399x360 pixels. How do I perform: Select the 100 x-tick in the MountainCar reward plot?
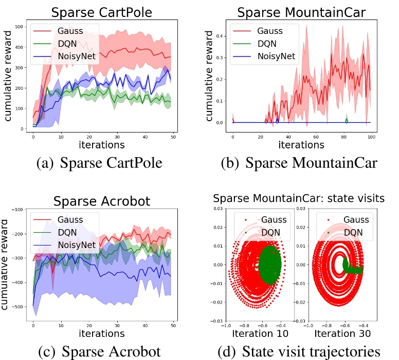tap(371, 137)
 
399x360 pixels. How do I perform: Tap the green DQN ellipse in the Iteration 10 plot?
tap(269, 264)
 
